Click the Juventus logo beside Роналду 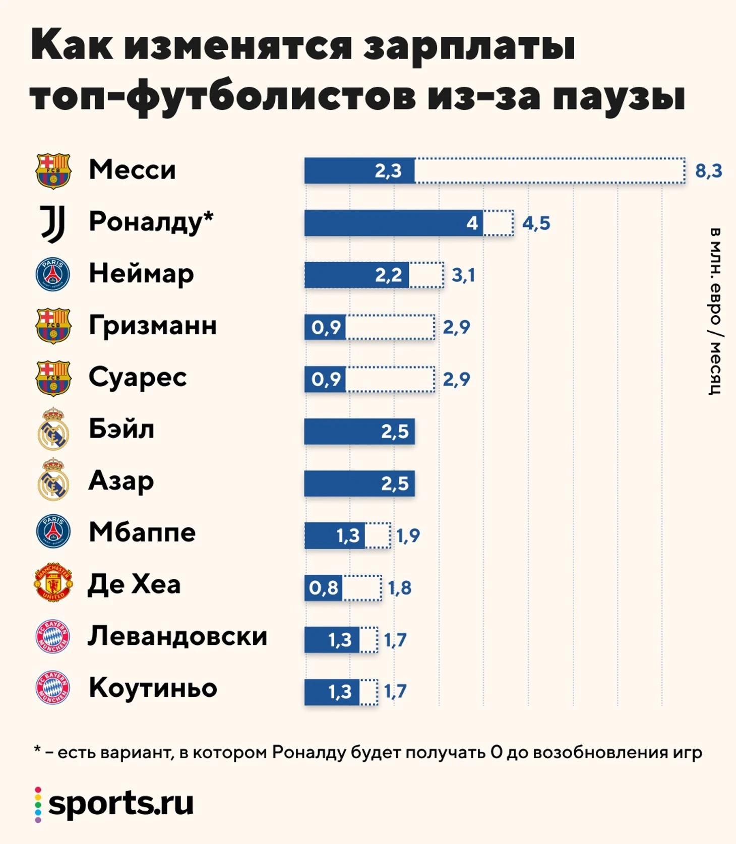pos(53,223)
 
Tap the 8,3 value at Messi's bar pos(708,171)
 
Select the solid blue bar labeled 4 pos(394,223)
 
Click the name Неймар pos(141,274)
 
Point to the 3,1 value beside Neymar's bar pos(463,275)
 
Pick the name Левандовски pos(177,636)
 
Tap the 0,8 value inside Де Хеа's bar pos(324,588)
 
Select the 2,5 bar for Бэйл pos(359,432)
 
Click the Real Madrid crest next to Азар pos(53,480)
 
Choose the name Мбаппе pos(142,532)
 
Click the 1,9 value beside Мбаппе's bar pos(408,535)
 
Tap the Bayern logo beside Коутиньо pos(53,688)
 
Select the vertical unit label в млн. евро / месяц pos(715,311)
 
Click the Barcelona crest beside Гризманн pos(53,326)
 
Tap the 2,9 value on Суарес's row pos(456,379)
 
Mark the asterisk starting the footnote pos(37,750)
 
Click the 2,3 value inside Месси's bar pos(388,171)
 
